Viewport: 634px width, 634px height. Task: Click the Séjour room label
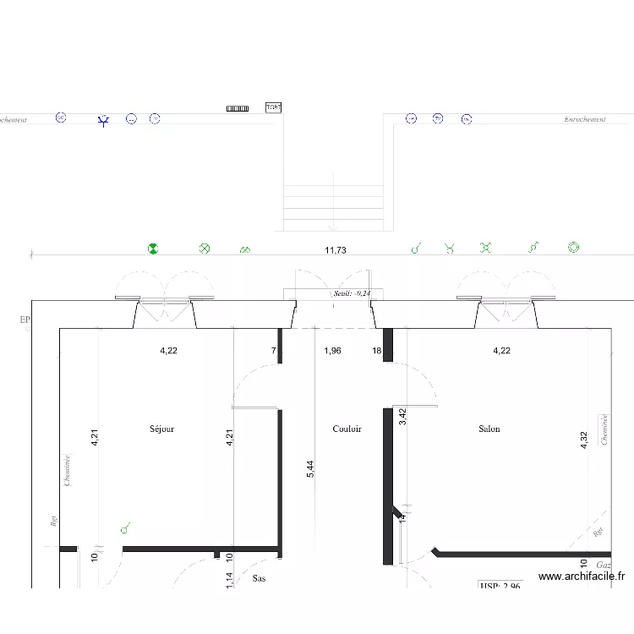point(161,429)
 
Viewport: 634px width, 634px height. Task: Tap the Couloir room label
point(347,429)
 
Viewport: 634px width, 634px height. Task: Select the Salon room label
point(489,429)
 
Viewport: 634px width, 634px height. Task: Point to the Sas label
point(259,579)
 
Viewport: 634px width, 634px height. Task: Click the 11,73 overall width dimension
point(336,250)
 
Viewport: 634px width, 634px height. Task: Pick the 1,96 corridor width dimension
point(332,350)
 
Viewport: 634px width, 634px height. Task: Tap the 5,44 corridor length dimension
point(310,469)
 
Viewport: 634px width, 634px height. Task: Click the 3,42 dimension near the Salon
point(403,416)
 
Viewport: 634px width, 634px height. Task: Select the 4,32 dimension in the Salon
point(583,440)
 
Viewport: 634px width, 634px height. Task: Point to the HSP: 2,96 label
point(500,584)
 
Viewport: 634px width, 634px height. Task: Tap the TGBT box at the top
point(273,107)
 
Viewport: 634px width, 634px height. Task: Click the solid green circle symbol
point(153,249)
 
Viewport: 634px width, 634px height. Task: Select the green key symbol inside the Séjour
point(125,528)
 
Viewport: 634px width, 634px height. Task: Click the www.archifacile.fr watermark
point(582,577)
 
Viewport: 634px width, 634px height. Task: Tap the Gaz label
point(603,564)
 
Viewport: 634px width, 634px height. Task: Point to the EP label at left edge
point(25,320)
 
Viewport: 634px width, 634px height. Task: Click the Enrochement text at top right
point(585,120)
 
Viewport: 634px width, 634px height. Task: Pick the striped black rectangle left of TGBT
point(238,108)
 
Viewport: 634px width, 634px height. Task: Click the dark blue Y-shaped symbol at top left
point(103,121)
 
